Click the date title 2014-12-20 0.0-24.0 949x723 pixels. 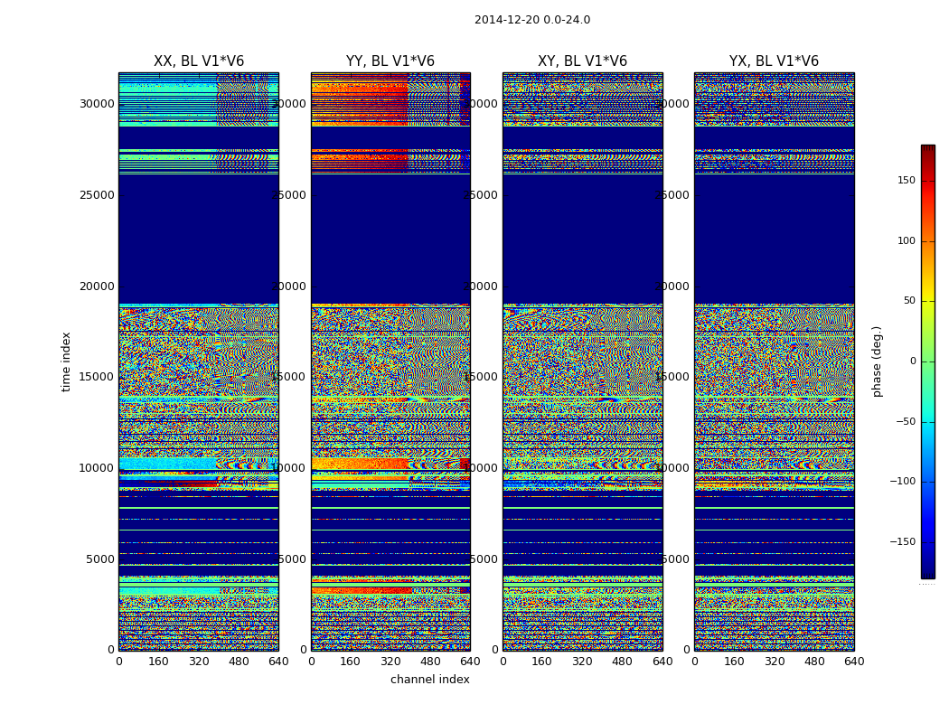coord(531,20)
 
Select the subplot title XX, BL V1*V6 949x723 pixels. coord(199,61)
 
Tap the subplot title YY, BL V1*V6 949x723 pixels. coord(390,61)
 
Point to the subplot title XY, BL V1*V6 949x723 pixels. coord(582,61)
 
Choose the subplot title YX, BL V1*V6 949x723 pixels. coord(774,61)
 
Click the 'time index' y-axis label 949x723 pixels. coord(66,361)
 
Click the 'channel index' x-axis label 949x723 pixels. coord(430,680)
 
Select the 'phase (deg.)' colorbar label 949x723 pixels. coord(877,361)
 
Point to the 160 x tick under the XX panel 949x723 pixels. coord(159,662)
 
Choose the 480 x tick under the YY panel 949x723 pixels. coord(430,662)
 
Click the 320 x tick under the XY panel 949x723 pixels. coord(582,662)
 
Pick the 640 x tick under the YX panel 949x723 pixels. coord(854,662)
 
